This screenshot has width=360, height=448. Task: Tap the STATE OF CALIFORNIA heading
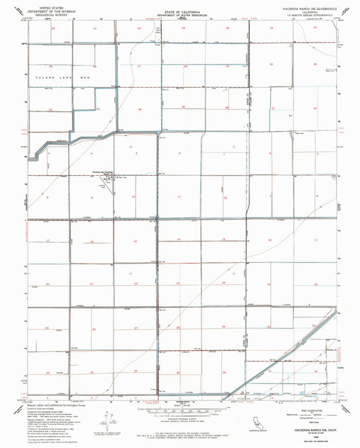tap(179, 9)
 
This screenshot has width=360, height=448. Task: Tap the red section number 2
tap(180, 154)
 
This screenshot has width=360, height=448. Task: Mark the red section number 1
tap(224, 154)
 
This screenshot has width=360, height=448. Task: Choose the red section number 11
tap(179, 197)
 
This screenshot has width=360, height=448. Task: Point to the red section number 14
tap(179, 240)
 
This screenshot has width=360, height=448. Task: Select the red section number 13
tap(224, 240)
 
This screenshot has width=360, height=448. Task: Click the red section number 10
tap(134, 197)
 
